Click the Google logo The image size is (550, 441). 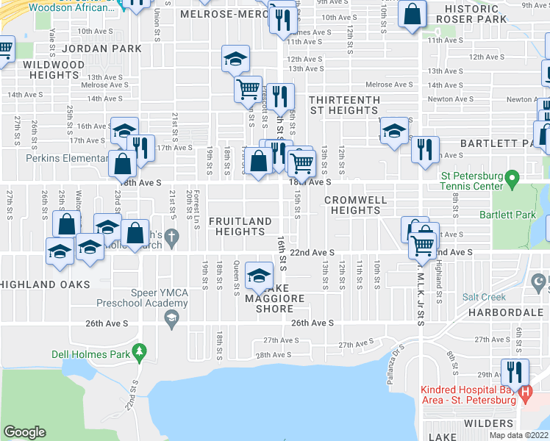tap(25, 431)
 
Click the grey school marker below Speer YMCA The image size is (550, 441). tap(171, 317)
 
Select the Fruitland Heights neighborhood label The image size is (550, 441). tap(240, 226)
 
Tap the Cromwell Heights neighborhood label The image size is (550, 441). tap(352, 204)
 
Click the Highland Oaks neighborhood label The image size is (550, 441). tap(45, 284)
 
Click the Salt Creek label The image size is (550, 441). tap(484, 297)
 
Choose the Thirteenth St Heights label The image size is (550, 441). tap(343, 105)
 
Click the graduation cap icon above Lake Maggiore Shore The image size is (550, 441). tap(258, 276)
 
